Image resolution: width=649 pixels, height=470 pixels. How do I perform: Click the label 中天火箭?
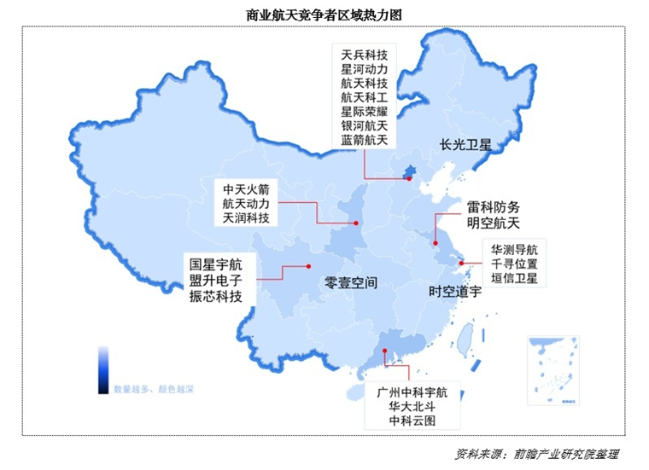click(246, 189)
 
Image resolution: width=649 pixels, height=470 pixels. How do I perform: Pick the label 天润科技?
click(246, 218)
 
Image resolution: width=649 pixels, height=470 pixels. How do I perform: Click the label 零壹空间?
click(351, 281)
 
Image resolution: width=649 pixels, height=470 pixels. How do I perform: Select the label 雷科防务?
click(493, 207)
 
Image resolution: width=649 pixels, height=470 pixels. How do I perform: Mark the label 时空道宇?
click(455, 292)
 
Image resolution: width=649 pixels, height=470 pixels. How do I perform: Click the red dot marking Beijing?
click(409, 178)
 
